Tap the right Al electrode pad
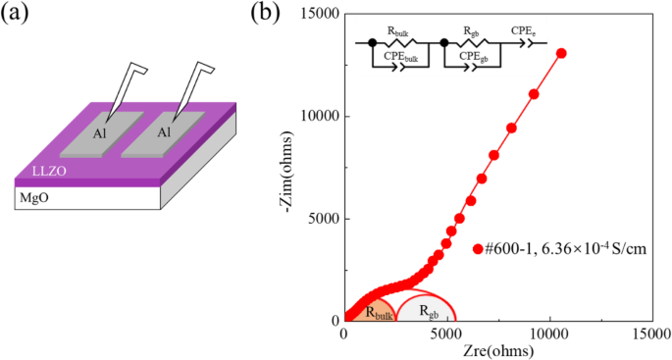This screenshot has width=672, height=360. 164,131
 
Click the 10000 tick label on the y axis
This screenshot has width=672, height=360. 312,116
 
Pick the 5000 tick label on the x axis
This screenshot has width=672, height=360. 446,334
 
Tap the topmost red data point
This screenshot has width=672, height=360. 561,53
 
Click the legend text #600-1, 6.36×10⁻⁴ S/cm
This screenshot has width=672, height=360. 567,249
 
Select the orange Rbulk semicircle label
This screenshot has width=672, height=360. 378,312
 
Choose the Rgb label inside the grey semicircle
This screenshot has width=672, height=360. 429,312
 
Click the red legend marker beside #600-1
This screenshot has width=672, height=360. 478,249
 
